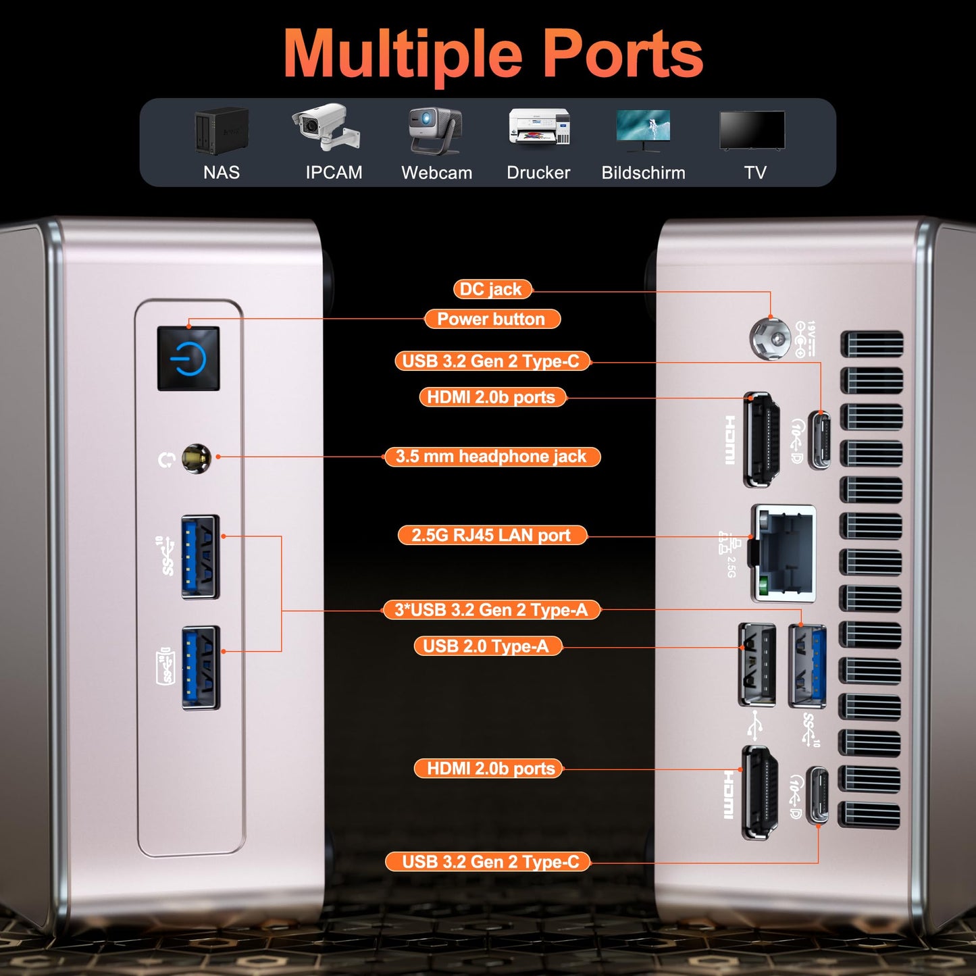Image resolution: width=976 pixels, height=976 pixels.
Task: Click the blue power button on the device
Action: pyautogui.click(x=188, y=359)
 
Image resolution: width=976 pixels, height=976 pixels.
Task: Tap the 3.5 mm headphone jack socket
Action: pyautogui.click(x=196, y=459)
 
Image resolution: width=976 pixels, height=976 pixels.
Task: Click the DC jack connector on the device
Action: pyautogui.click(x=770, y=337)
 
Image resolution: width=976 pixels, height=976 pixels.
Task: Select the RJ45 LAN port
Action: pyautogui.click(x=785, y=553)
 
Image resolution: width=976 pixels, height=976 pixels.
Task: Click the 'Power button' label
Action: pyautogui.click(x=492, y=319)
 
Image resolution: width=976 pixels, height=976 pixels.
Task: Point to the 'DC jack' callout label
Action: pyautogui.click(x=492, y=289)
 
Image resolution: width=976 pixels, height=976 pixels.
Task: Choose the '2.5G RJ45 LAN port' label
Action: pyautogui.click(x=492, y=536)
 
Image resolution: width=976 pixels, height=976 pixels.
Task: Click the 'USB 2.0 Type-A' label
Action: pyautogui.click(x=486, y=646)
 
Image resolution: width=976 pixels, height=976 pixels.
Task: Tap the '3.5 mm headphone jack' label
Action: pyautogui.click(x=492, y=457)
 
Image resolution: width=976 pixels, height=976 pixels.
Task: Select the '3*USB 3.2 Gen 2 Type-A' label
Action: pyautogui.click(x=492, y=610)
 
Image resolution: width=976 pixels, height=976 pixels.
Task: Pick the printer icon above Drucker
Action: pyautogui.click(x=539, y=126)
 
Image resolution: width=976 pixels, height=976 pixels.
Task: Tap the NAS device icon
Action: pyautogui.click(x=222, y=130)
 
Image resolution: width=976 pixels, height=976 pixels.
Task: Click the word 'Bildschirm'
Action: pyautogui.click(x=643, y=173)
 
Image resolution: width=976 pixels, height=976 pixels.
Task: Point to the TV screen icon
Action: pyautogui.click(x=752, y=130)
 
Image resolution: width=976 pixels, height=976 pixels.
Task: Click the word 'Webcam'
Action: pyautogui.click(x=436, y=173)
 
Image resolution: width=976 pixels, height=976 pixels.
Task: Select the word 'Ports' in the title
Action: pyautogui.click(x=623, y=54)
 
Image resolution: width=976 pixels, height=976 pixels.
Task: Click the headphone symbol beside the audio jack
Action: pyautogui.click(x=166, y=460)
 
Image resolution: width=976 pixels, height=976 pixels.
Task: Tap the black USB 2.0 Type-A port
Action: pyautogui.click(x=757, y=665)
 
